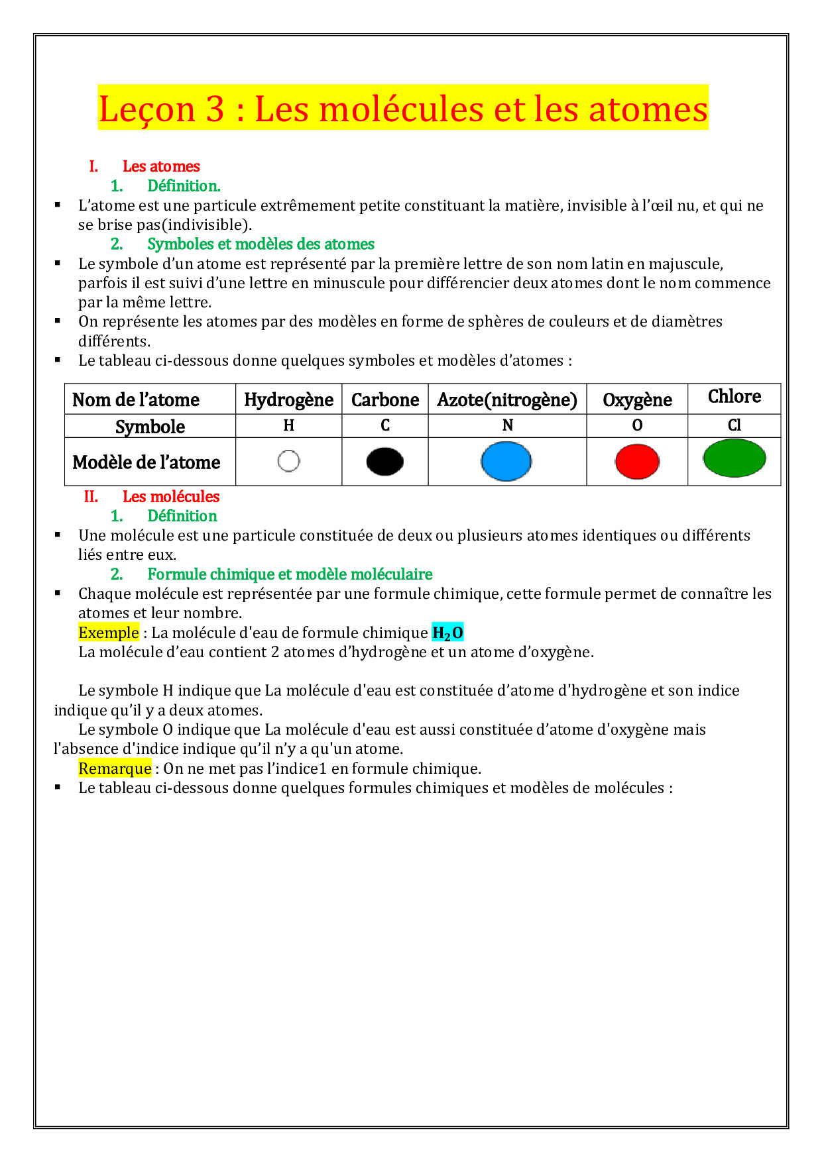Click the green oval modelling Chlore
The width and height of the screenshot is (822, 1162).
[x=734, y=458]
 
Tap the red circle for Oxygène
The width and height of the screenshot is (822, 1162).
[x=637, y=462]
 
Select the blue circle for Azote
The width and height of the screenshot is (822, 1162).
[x=506, y=462]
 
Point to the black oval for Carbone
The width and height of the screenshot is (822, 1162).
[x=384, y=462]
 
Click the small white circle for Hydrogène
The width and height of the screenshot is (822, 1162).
[x=288, y=461]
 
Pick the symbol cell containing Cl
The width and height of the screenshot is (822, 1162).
[x=734, y=425]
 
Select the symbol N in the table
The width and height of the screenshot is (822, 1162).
[x=507, y=425]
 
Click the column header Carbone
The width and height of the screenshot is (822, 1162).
[x=384, y=400]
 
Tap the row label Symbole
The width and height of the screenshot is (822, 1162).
[x=150, y=427]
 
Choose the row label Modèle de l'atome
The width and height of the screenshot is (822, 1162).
[x=146, y=462]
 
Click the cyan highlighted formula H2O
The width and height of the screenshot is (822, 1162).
[x=447, y=633]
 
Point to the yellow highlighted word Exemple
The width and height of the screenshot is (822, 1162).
[x=109, y=633]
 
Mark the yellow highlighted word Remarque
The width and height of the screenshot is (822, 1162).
[x=115, y=768]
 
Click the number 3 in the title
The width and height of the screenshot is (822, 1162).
[x=215, y=109]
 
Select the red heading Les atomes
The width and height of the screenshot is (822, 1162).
[x=161, y=166]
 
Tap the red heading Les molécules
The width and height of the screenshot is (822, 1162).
[x=170, y=496]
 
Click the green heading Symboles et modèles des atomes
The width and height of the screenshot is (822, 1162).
[x=261, y=244]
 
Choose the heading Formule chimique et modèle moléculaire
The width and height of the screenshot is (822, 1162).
[x=290, y=574]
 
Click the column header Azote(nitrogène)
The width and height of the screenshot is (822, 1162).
[x=507, y=400]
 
